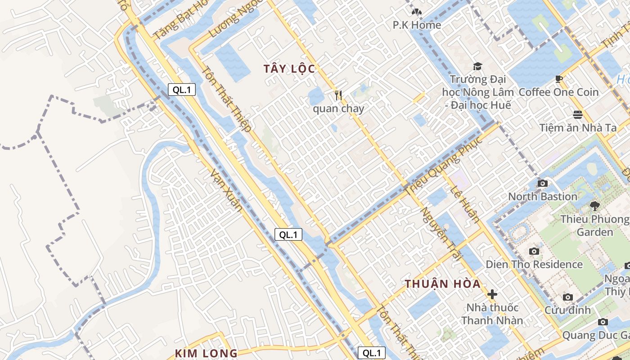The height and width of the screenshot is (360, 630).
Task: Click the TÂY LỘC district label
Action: coord(289,69)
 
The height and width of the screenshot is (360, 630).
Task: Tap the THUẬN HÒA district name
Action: coord(442,284)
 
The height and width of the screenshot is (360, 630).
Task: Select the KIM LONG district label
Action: coord(206,353)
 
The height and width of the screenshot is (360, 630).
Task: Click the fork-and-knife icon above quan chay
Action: coord(338,95)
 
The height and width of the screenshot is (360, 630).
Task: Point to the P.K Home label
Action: coord(417,25)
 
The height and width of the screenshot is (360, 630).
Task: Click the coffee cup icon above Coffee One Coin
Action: coord(559,79)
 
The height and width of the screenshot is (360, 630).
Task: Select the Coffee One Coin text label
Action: coord(559,92)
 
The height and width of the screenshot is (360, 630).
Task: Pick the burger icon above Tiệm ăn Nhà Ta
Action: coord(578,115)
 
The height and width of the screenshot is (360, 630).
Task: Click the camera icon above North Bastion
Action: coord(543,184)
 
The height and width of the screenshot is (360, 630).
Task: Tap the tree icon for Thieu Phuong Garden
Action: coord(595,206)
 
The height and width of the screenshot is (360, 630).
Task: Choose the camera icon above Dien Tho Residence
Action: coord(534,252)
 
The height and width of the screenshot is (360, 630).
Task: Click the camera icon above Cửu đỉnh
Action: coord(568,297)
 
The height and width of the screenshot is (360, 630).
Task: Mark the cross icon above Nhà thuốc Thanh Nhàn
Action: coord(492,295)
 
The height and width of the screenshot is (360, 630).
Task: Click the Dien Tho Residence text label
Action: coord(534,264)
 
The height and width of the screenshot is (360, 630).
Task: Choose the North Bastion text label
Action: coord(543,197)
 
